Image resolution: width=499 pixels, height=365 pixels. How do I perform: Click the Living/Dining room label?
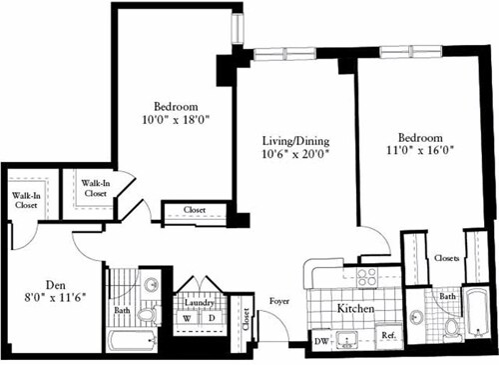point(294,140)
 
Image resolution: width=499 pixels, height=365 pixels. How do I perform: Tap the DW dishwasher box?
point(321,340)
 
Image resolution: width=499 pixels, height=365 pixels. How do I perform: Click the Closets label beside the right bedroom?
point(447,258)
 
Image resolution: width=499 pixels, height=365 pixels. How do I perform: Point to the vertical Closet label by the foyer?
point(247,319)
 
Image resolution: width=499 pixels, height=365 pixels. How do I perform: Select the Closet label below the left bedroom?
point(196,210)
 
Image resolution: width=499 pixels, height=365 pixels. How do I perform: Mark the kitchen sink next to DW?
point(350,340)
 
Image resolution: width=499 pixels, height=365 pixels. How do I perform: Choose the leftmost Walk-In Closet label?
point(25,200)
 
